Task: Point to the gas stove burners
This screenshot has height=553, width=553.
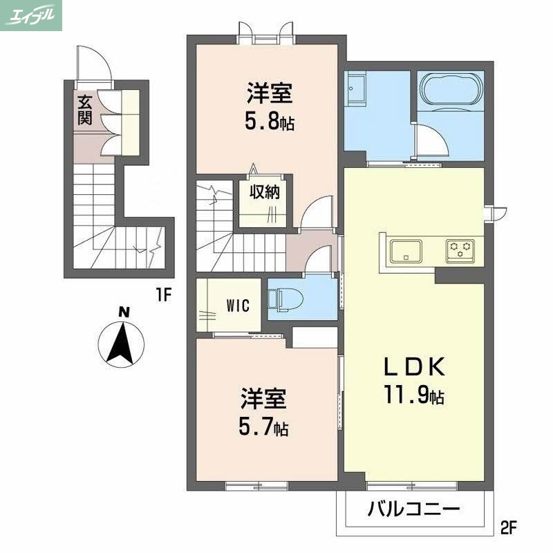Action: point(460,250)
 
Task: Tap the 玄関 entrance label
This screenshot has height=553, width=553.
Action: point(84,109)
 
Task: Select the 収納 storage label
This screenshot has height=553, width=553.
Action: point(265,192)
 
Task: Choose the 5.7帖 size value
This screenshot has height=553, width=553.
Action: point(263,428)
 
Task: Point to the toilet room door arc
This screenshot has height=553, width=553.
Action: point(318,261)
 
